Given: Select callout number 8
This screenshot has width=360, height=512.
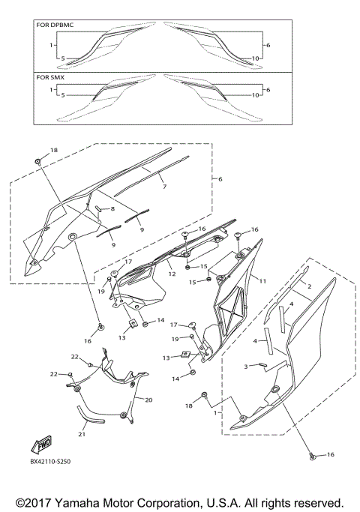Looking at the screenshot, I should pos(112,208).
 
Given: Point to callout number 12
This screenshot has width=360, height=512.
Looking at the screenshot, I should pos(172,274).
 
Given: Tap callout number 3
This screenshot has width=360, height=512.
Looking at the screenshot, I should pos(245,367).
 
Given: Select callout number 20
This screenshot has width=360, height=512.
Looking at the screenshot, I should pos(148,400).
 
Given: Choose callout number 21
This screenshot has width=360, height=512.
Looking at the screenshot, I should pos(82,433).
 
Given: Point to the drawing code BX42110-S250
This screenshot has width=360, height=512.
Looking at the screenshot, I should pos(55,463).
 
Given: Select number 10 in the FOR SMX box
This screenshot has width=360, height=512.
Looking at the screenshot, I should pos(256,95).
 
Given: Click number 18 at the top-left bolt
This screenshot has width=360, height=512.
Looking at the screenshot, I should pos(52,151).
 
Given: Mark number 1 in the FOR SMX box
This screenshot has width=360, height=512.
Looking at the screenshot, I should pos(51,89).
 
